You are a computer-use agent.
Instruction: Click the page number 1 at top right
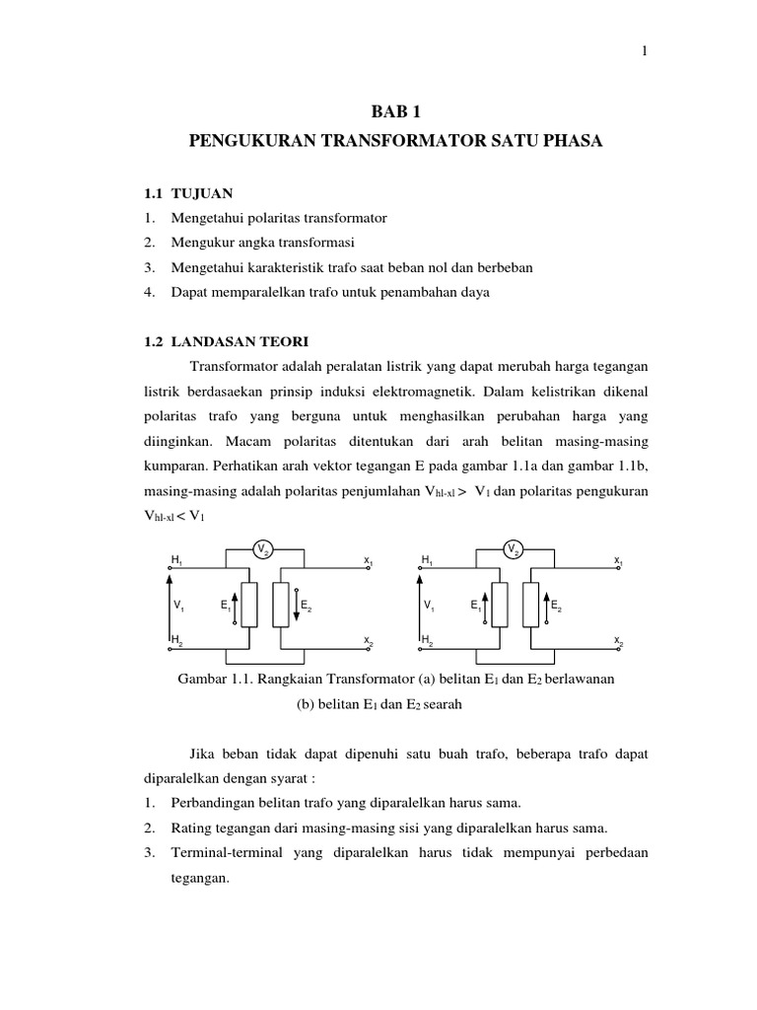[645, 52]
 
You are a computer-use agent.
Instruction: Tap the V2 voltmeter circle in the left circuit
[261, 548]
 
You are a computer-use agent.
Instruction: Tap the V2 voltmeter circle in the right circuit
[513, 548]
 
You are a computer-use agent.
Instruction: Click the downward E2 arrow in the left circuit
[296, 605]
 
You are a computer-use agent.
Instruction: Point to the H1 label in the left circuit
[176, 560]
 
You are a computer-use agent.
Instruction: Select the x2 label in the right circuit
[618, 641]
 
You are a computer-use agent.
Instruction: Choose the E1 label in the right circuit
[476, 606]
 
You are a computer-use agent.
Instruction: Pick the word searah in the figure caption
[442, 705]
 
